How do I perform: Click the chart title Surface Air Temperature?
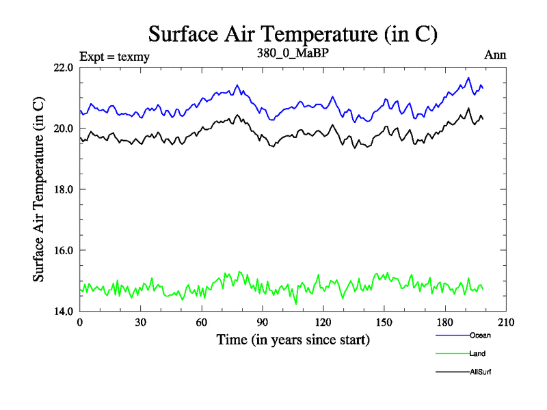click(x=293, y=34)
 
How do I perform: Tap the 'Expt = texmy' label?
click(x=114, y=56)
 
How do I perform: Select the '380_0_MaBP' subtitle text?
click(x=292, y=53)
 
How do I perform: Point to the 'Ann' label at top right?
click(x=495, y=55)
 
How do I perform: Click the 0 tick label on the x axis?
click(x=80, y=323)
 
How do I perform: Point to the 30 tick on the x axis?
click(x=141, y=323)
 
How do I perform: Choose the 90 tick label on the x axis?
click(x=263, y=323)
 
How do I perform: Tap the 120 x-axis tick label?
click(x=323, y=323)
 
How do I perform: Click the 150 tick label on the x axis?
click(x=384, y=323)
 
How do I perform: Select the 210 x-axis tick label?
click(x=506, y=323)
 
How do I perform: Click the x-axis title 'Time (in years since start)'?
click(x=293, y=340)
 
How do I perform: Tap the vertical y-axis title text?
click(x=40, y=189)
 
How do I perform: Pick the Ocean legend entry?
click(x=480, y=336)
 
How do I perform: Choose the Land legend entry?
click(x=477, y=354)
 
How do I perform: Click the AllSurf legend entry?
click(x=481, y=372)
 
